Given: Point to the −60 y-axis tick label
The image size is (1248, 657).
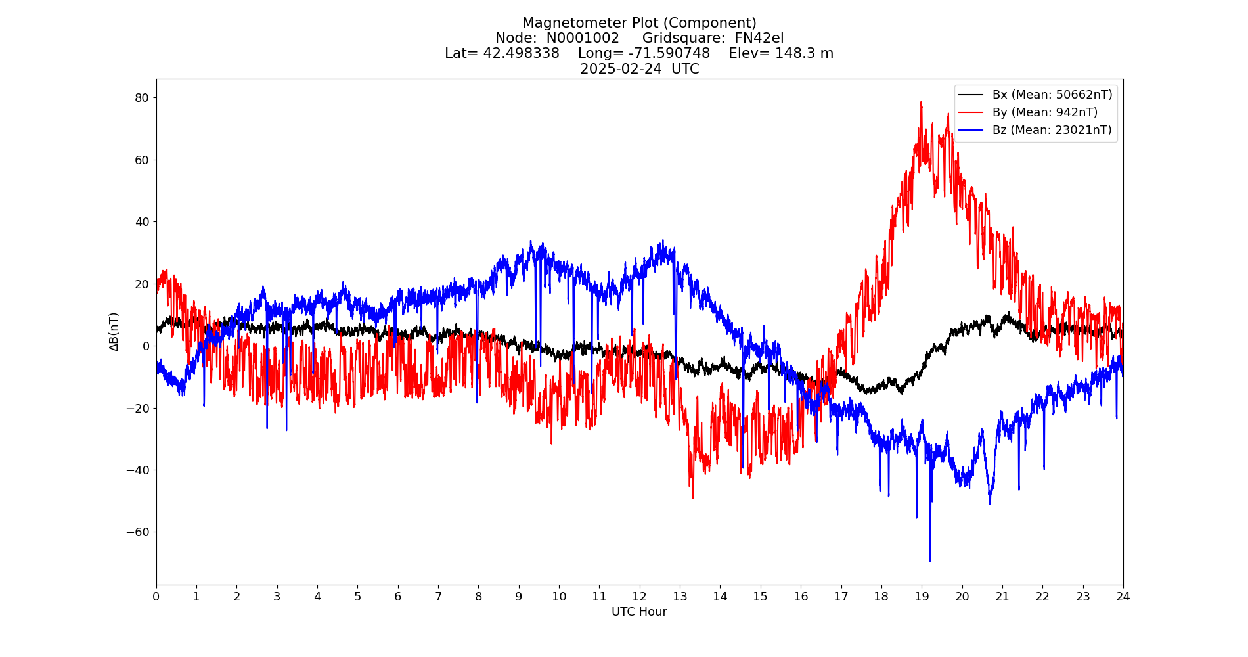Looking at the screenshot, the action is (138, 532).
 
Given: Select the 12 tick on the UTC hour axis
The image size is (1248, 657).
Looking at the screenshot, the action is (639, 597).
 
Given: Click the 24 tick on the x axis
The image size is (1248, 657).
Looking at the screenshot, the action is (1123, 597).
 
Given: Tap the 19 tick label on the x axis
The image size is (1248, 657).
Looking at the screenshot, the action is (922, 597).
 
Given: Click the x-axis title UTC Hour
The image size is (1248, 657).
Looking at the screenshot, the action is (639, 612).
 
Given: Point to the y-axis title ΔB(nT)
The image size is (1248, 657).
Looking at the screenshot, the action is (114, 332).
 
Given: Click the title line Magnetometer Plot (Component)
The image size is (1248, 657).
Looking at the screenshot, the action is (639, 24).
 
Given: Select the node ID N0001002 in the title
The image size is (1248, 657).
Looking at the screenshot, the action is (583, 38).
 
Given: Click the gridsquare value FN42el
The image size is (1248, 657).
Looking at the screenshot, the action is (759, 38).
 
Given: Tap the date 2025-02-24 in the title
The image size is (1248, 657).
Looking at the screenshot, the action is (621, 69).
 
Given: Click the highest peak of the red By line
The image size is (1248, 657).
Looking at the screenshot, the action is (921, 102).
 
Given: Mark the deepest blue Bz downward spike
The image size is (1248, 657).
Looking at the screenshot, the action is (930, 560).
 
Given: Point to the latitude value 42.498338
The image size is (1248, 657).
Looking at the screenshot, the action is (522, 53).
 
